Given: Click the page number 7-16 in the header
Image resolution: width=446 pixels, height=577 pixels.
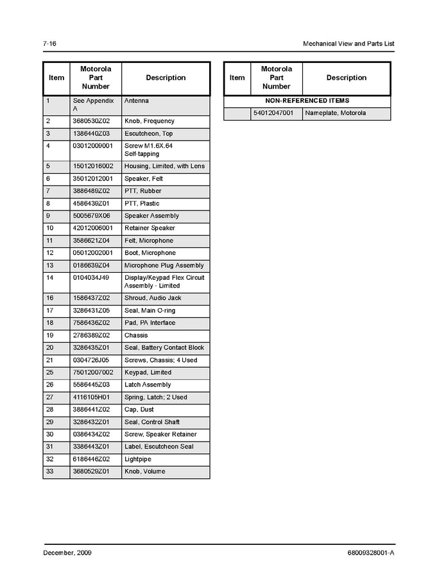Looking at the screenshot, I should point(49,44).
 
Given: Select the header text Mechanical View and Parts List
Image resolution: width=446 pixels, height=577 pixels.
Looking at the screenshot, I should point(348,44).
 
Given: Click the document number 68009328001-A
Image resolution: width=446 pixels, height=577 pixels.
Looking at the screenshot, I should point(366,552).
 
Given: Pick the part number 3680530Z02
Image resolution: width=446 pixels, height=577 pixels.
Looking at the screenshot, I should point(92,121).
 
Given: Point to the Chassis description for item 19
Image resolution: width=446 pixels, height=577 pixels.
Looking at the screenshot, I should point(136,335).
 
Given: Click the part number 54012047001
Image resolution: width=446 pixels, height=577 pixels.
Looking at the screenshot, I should point(273,113).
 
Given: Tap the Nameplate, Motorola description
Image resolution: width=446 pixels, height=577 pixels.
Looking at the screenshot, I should point(335,113).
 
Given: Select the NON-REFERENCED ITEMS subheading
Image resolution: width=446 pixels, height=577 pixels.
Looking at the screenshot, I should point(307,101).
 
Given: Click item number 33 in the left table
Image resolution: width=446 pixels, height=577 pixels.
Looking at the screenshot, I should point(49,471).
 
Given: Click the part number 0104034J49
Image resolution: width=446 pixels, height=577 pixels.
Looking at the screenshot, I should point(92,277).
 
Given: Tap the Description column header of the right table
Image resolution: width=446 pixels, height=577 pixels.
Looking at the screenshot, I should point(346,78).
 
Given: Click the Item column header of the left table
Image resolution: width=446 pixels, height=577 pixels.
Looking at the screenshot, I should point(56,78).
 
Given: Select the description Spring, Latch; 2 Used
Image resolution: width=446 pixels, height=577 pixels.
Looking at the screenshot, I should point(156,397).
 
